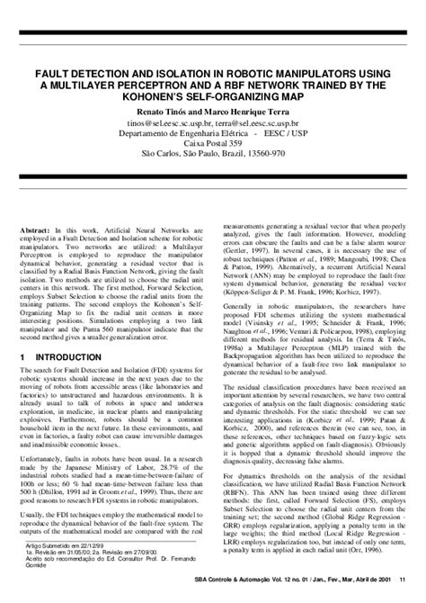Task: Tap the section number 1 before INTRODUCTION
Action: (22, 382)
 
